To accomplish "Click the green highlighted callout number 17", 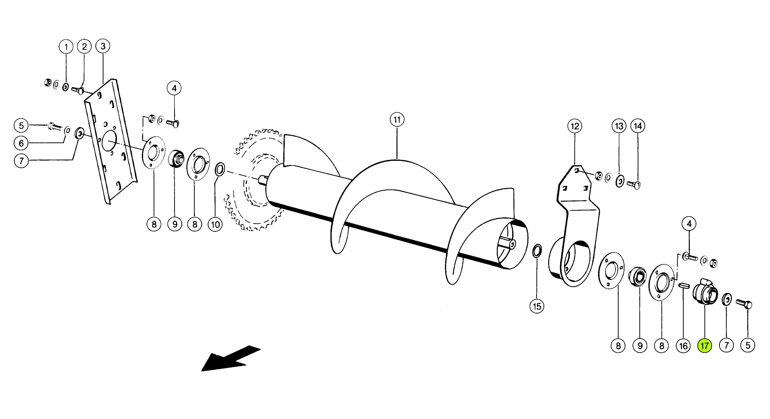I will tap(704, 346).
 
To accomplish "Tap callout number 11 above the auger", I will tap(397, 120).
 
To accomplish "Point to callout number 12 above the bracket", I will tap(575, 126).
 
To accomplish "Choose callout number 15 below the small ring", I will tap(537, 306).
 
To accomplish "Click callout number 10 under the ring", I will tap(215, 225).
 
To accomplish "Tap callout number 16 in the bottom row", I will tap(683, 346).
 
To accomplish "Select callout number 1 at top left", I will tap(66, 47).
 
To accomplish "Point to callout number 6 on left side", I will tap(21, 143).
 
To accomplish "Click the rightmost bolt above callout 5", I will tap(744, 304).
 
